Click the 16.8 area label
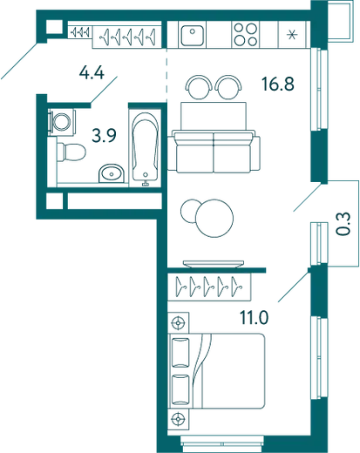[x=278, y=84]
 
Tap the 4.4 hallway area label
[x=92, y=72]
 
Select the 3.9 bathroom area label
[x=104, y=136]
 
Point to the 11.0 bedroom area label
[x=254, y=317]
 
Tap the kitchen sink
[x=192, y=35]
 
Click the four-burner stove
[x=246, y=35]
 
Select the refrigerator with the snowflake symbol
[x=292, y=35]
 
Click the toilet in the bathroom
[x=71, y=152]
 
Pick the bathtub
[x=146, y=147]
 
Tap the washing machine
[x=61, y=122]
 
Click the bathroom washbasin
[x=112, y=174]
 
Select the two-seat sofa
[x=214, y=151]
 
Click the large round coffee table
[x=214, y=218]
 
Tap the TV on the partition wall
[x=214, y=263]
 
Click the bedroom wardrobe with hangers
[x=209, y=287]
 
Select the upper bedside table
[x=179, y=322]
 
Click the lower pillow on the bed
[x=180, y=389]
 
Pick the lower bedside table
[x=179, y=418]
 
